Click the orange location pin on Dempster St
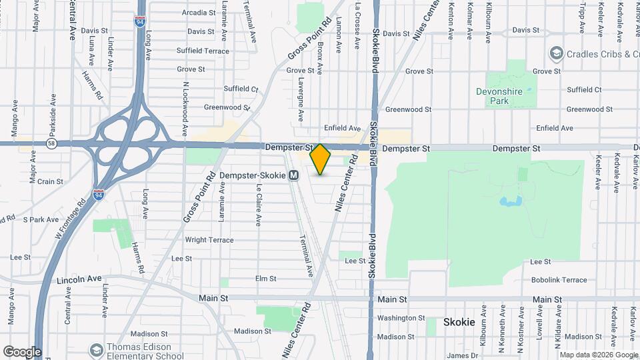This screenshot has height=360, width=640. click(x=321, y=158)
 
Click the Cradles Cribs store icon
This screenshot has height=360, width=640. click(x=555, y=53)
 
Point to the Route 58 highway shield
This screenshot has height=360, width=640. click(x=53, y=143)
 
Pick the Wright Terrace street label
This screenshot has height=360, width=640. click(x=209, y=240)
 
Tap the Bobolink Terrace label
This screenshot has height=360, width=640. click(x=559, y=280)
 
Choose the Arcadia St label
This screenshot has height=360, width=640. click(x=199, y=13)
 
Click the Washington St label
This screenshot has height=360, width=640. click(x=401, y=319)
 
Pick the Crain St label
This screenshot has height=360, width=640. click(x=50, y=181)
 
